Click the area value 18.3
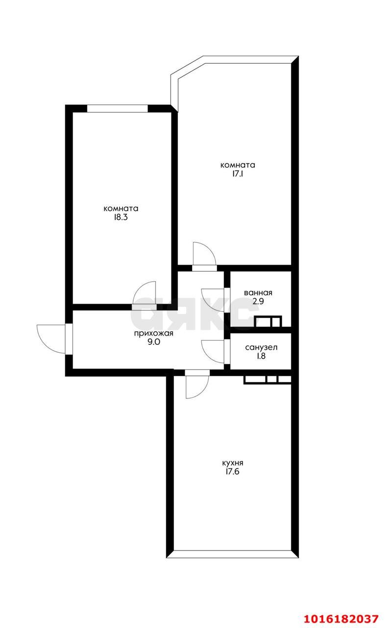[121, 217]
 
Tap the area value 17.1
[238, 174]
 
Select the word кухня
[232, 463]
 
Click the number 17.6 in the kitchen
[232, 471]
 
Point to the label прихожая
[153, 333]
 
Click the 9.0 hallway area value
[154, 342]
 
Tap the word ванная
[258, 293]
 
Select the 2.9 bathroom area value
[258, 301]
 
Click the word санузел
[261, 348]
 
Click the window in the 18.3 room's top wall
[117, 108]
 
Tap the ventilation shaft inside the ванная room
[268, 321]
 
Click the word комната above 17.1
[238, 165]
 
